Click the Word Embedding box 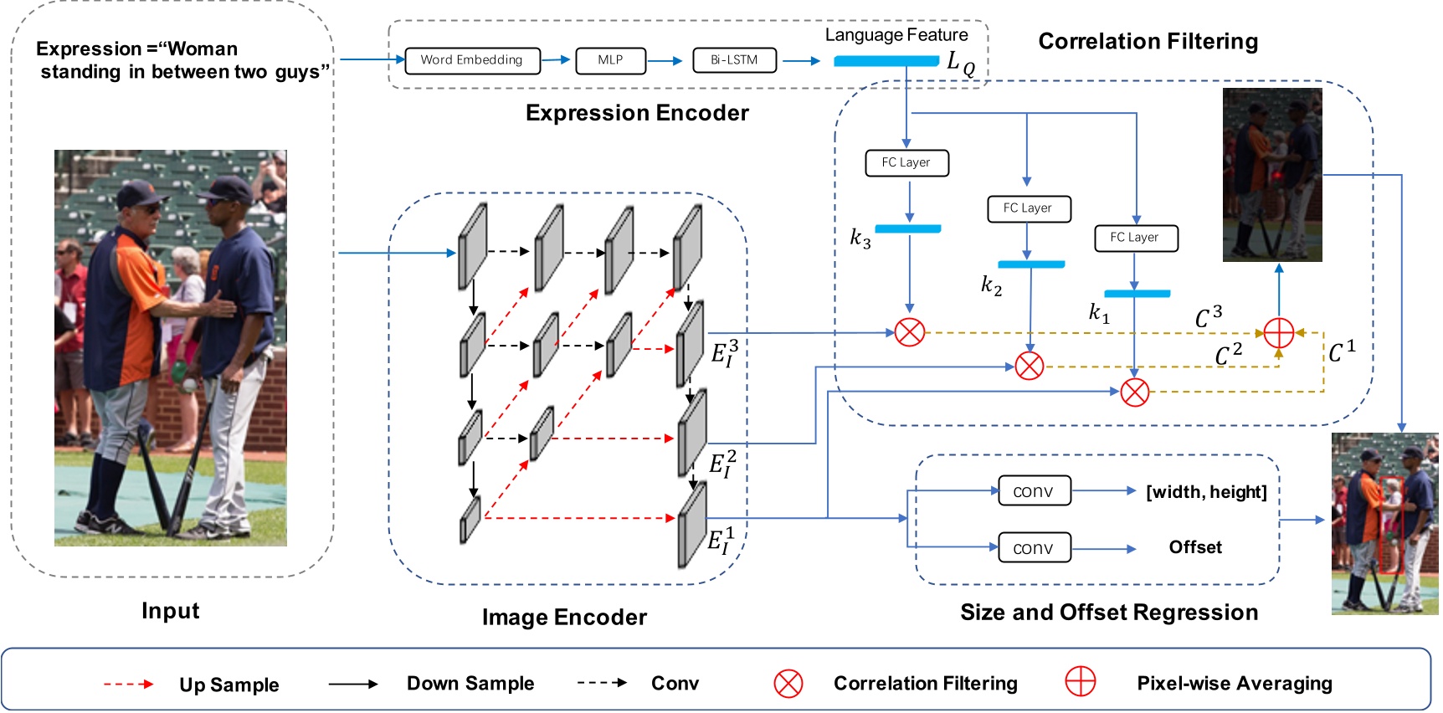pyautogui.click(x=472, y=60)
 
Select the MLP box pyautogui.click(x=610, y=60)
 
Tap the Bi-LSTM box pyautogui.click(x=734, y=60)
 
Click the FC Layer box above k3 pyautogui.click(x=906, y=162)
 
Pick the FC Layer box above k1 pyautogui.click(x=1135, y=238)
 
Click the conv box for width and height pyautogui.click(x=1034, y=491)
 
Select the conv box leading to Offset pyautogui.click(x=1034, y=548)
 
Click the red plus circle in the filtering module pyautogui.click(x=1278, y=333)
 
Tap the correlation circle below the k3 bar pyautogui.click(x=910, y=332)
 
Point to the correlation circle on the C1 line pyautogui.click(x=1135, y=392)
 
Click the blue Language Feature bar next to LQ pyautogui.click(x=886, y=61)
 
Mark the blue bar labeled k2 pyautogui.click(x=1031, y=264)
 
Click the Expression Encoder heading pyautogui.click(x=637, y=113)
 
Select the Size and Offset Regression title pyautogui.click(x=1109, y=613)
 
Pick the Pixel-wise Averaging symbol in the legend pyautogui.click(x=1080, y=682)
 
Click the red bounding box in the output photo pyautogui.click(x=1390, y=526)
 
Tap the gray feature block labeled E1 pyautogui.click(x=692, y=526)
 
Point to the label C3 pyautogui.click(x=1209, y=317)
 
